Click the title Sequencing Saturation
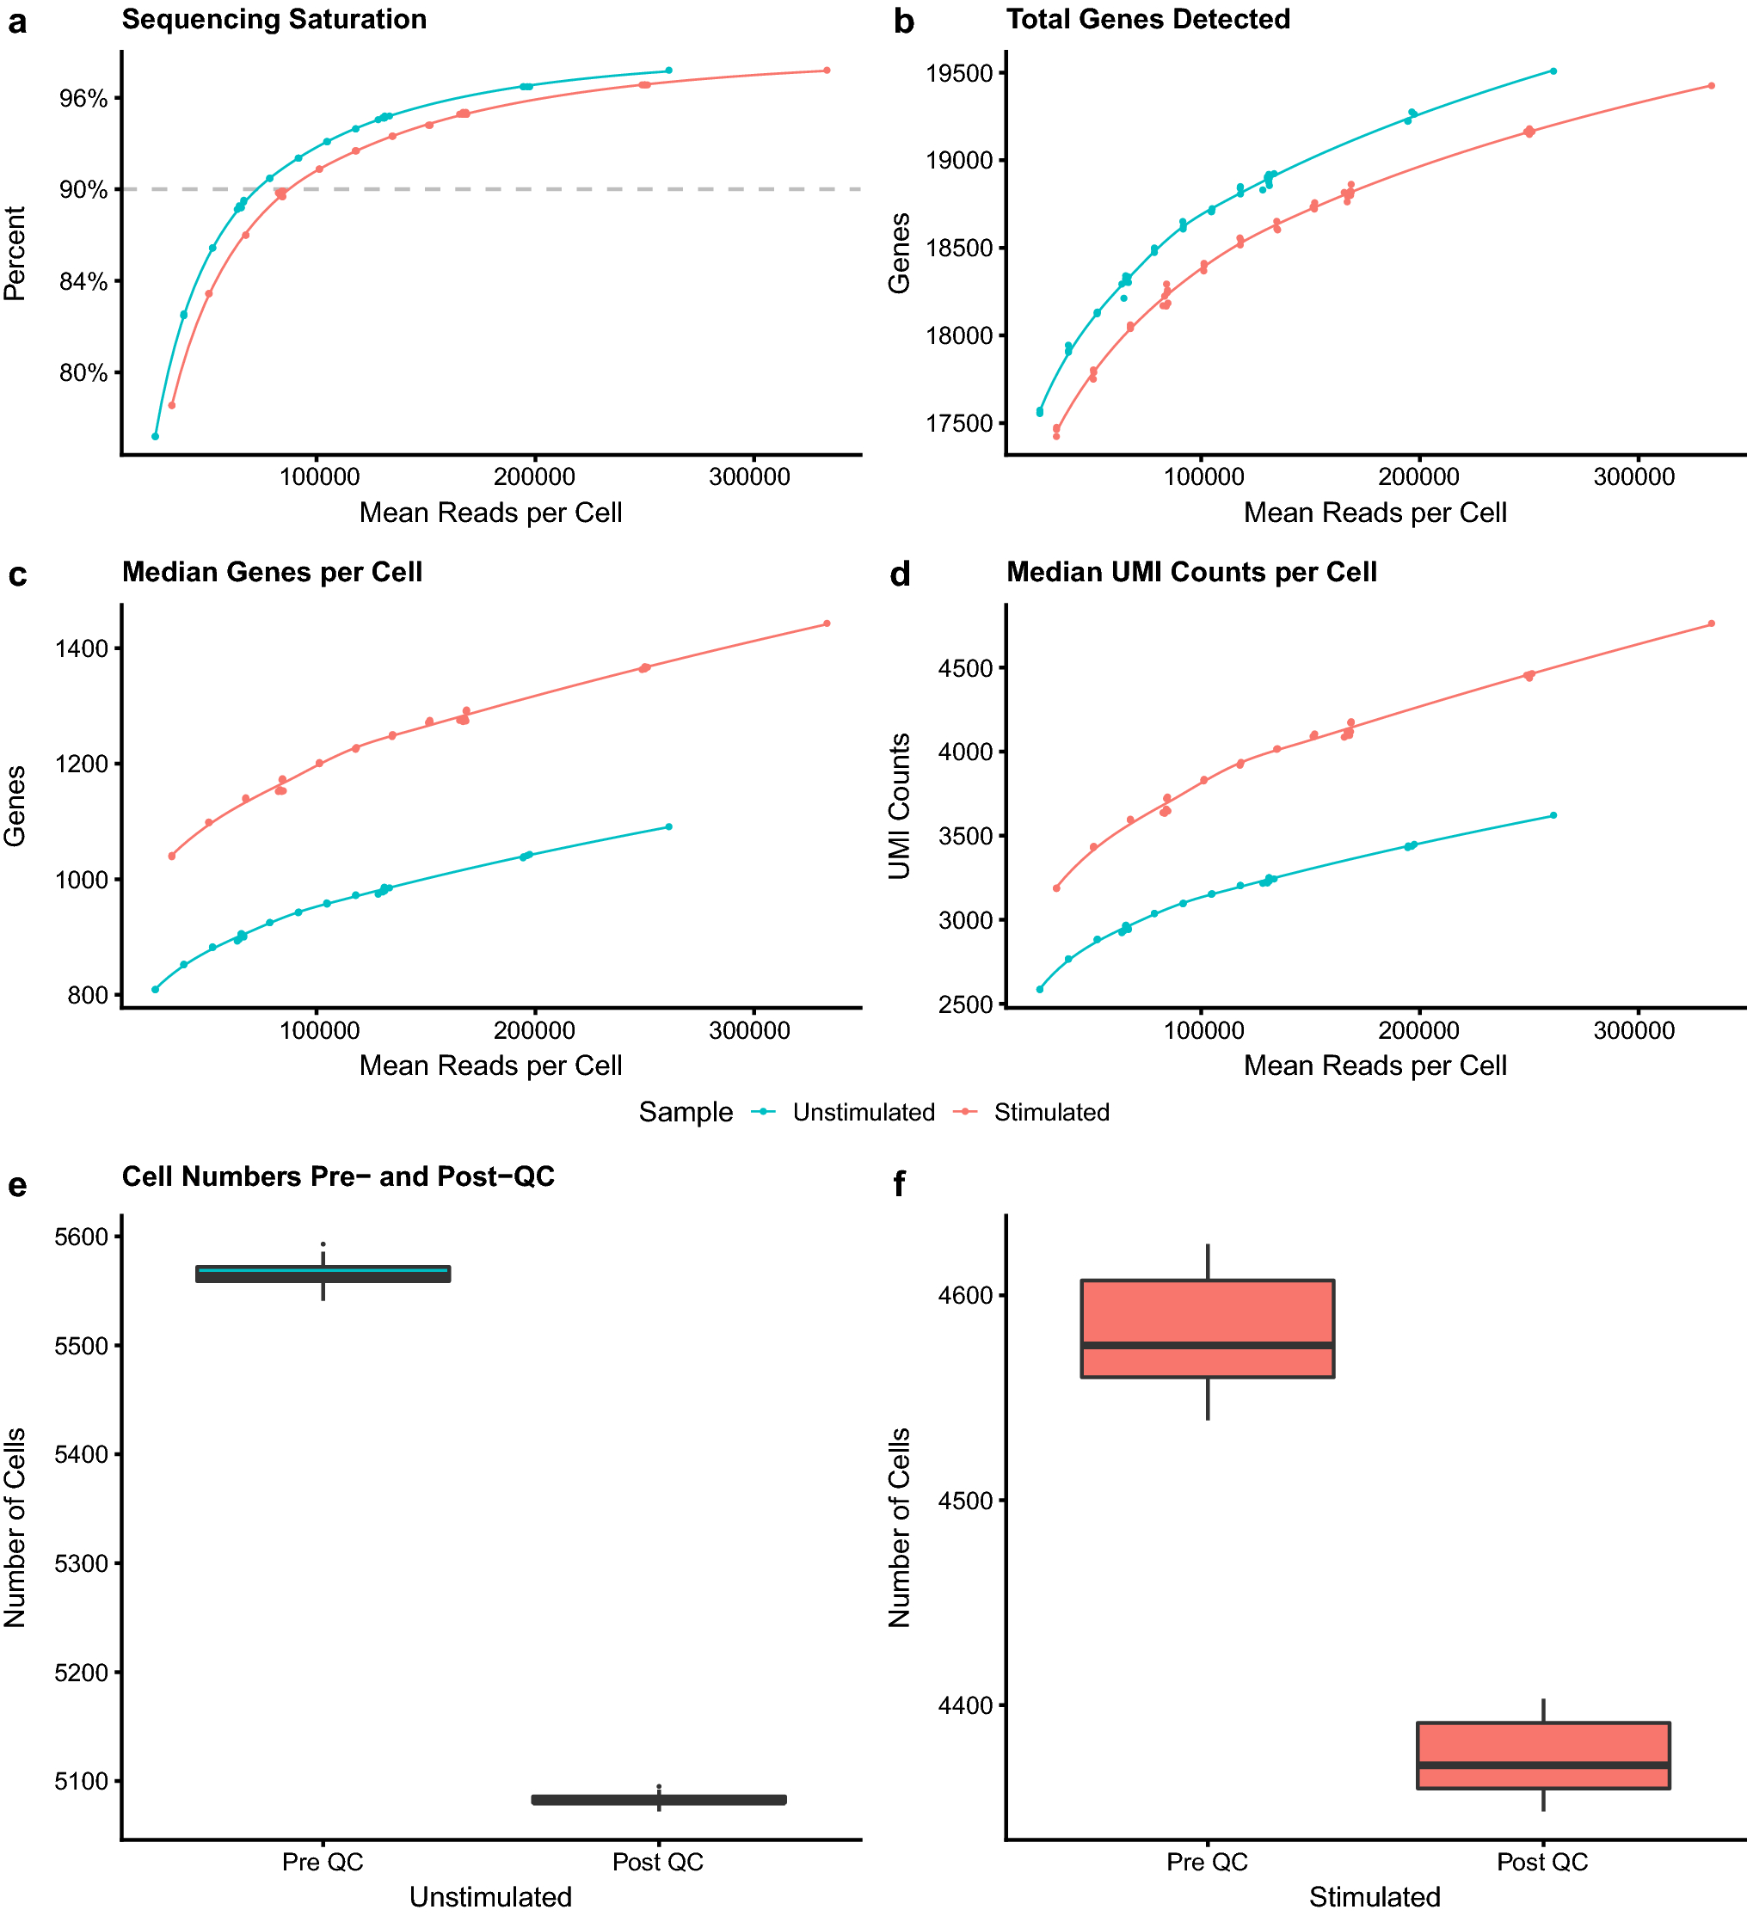pyautogui.click(x=274, y=19)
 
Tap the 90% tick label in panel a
pyautogui.click(x=83, y=190)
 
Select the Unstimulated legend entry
pyautogui.click(x=862, y=1113)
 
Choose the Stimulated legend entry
pyautogui.click(x=1050, y=1113)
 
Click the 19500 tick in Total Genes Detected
pyautogui.click(x=960, y=74)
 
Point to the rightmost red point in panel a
pyautogui.click(x=827, y=71)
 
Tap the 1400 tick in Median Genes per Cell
pyautogui.click(x=83, y=649)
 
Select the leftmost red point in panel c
pyautogui.click(x=172, y=857)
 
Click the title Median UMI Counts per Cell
pyautogui.click(x=1191, y=572)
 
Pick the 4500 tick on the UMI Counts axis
pyautogui.click(x=967, y=669)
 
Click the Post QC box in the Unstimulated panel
pyautogui.click(x=659, y=1800)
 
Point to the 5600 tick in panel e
pyautogui.click(x=83, y=1237)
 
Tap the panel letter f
pyautogui.click(x=899, y=1185)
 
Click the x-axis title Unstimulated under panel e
pyautogui.click(x=490, y=1897)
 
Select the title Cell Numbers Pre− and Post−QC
pyautogui.click(x=337, y=1176)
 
